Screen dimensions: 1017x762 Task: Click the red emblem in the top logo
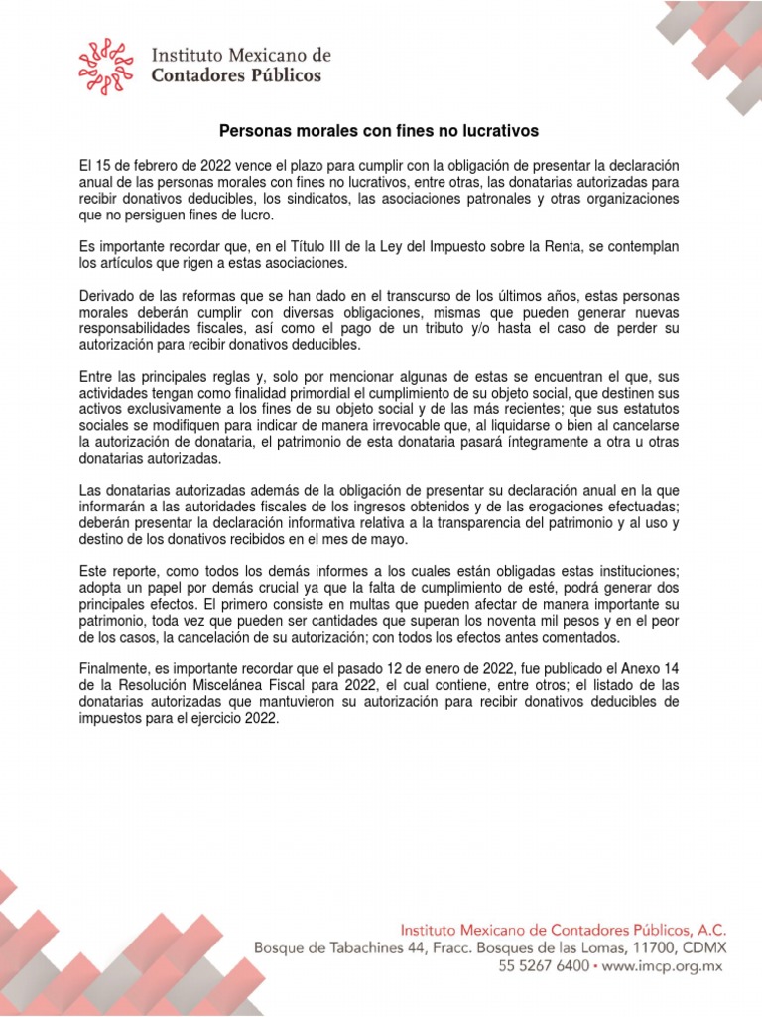pos(106,66)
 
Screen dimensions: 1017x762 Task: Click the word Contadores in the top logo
pos(198,75)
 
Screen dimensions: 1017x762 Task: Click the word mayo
pos(388,539)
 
